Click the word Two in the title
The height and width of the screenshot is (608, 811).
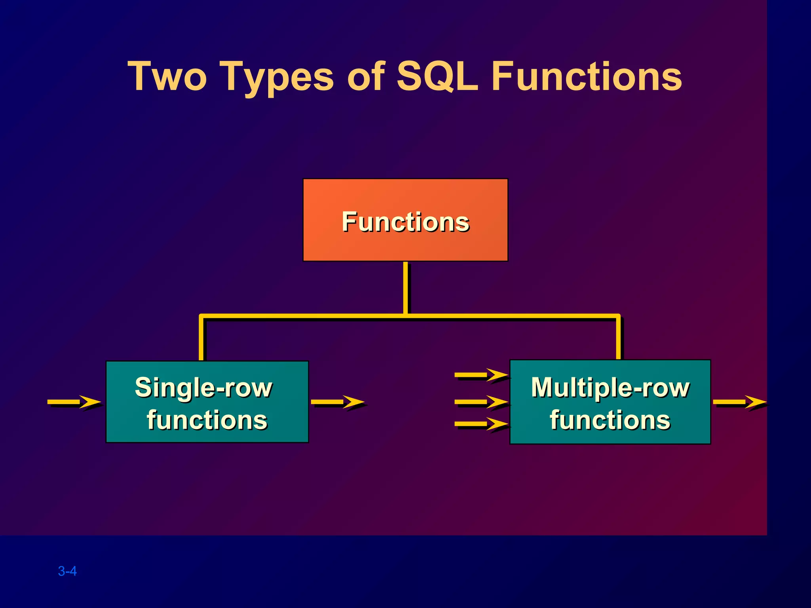(x=167, y=76)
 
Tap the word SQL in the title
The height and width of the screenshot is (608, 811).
(x=437, y=76)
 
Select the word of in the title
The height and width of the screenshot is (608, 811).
(x=366, y=76)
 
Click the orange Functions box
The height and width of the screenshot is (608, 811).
(x=405, y=237)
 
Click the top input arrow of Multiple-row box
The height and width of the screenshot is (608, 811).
(x=481, y=374)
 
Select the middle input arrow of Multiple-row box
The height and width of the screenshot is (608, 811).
(x=481, y=402)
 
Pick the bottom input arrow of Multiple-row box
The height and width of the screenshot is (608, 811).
(x=481, y=424)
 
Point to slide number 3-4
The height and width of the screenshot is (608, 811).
(x=67, y=571)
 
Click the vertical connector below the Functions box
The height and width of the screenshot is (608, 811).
(x=405, y=288)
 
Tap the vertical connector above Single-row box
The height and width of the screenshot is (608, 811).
(x=201, y=338)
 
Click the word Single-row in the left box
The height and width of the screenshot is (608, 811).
(x=204, y=388)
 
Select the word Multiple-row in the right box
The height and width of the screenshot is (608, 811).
(x=610, y=388)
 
